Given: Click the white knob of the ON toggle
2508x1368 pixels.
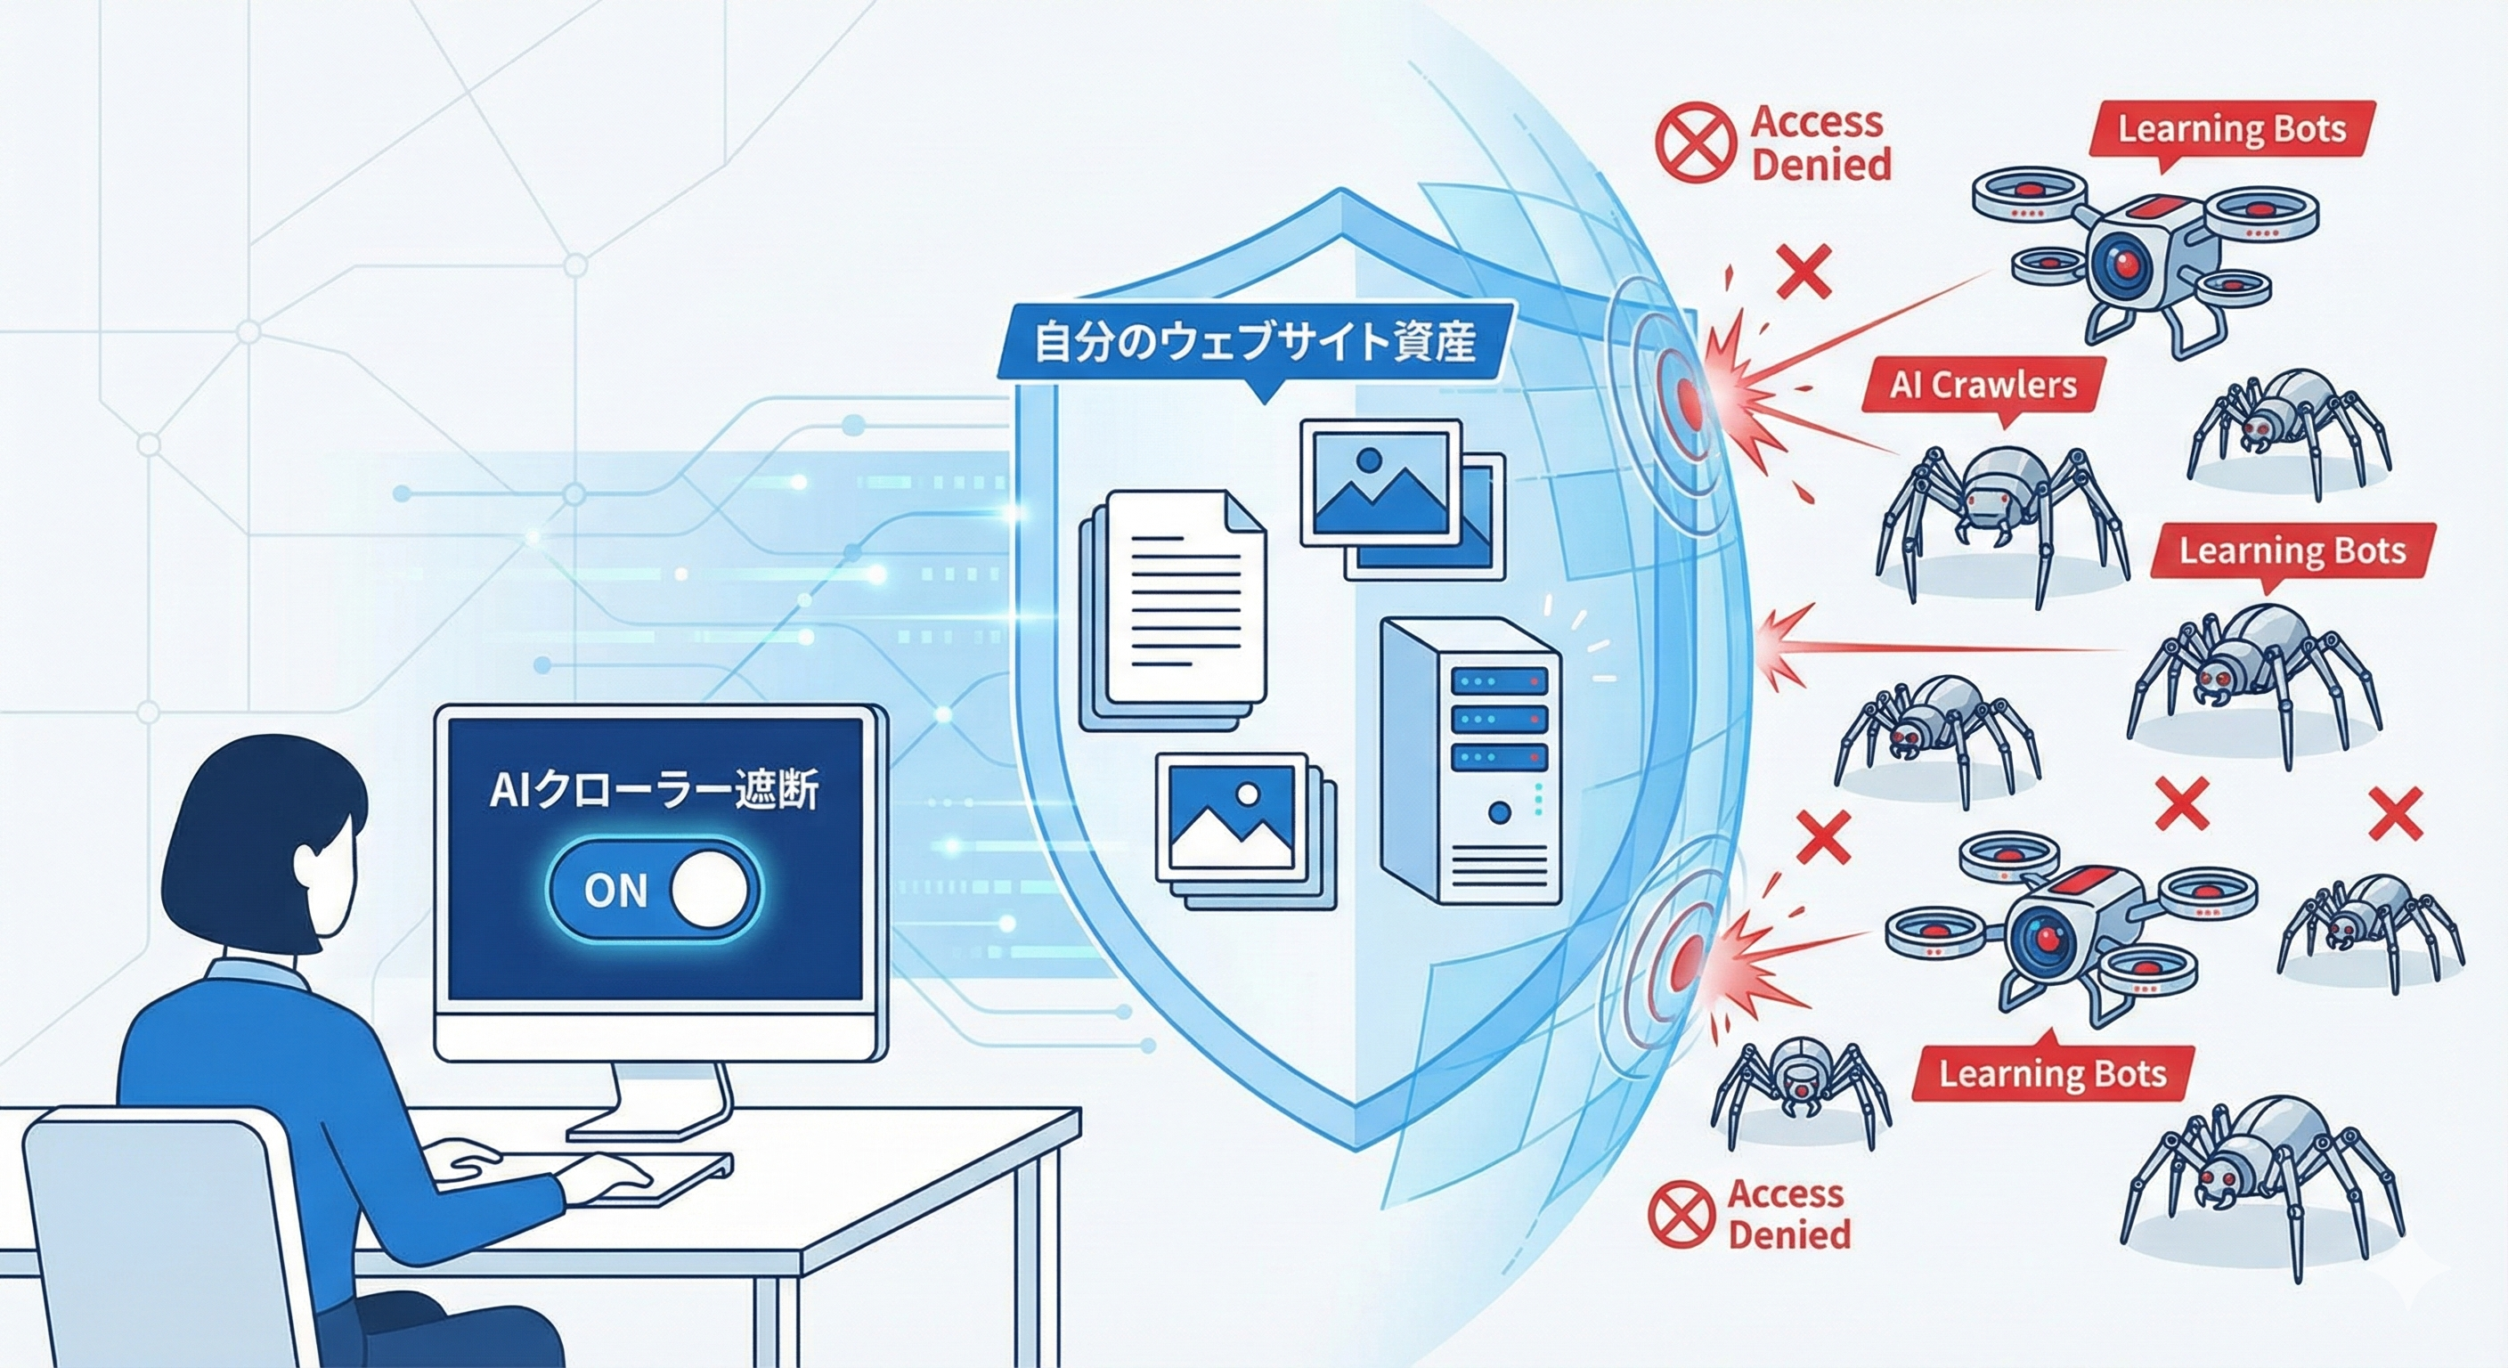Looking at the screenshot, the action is tap(710, 889).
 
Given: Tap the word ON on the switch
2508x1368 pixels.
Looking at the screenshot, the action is tap(615, 890).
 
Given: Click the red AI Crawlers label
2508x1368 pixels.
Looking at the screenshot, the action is tap(1983, 387).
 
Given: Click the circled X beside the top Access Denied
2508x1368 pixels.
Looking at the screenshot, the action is tap(1696, 143).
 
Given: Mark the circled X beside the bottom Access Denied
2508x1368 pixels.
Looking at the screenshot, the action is tap(1681, 1213).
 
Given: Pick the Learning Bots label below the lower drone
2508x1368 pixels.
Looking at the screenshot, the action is tap(2052, 1074).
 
